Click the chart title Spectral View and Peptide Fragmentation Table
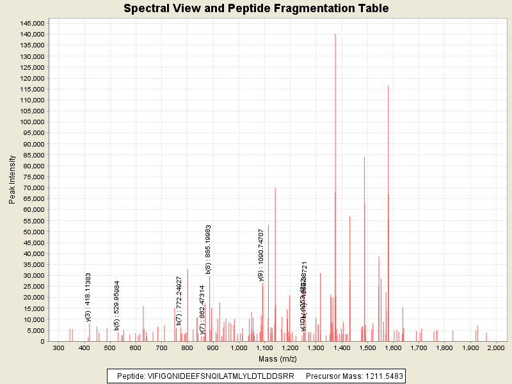click(256, 8)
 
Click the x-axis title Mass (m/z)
click(276, 360)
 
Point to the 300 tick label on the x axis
click(58, 348)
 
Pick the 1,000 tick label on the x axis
click(238, 348)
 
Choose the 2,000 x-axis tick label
click(496, 348)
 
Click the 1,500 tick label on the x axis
click(367, 348)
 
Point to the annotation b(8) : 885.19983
click(209, 250)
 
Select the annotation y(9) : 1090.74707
click(261, 255)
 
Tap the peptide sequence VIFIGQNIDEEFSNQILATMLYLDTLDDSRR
click(220, 376)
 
